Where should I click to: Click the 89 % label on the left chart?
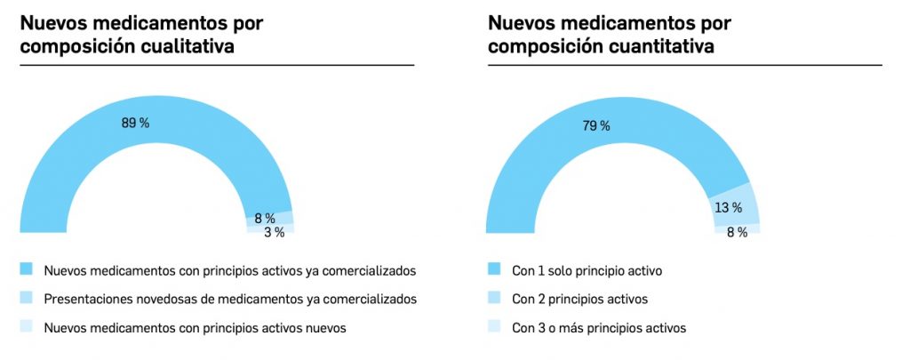click(135, 123)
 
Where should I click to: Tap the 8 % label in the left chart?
click(265, 218)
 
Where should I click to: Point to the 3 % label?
click(274, 232)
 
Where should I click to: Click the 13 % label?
click(729, 208)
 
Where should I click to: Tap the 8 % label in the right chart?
click(737, 232)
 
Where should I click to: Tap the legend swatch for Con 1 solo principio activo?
click(494, 268)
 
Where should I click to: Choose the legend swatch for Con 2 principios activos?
click(494, 298)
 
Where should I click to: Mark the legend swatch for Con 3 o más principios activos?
click(494, 327)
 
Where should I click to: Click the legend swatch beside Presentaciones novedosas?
click(26, 298)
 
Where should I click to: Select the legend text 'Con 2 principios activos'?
click(579, 299)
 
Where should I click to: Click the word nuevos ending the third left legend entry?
click(325, 328)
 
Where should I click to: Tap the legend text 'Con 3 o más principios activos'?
click(599, 328)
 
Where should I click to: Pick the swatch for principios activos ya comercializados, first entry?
click(26, 268)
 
